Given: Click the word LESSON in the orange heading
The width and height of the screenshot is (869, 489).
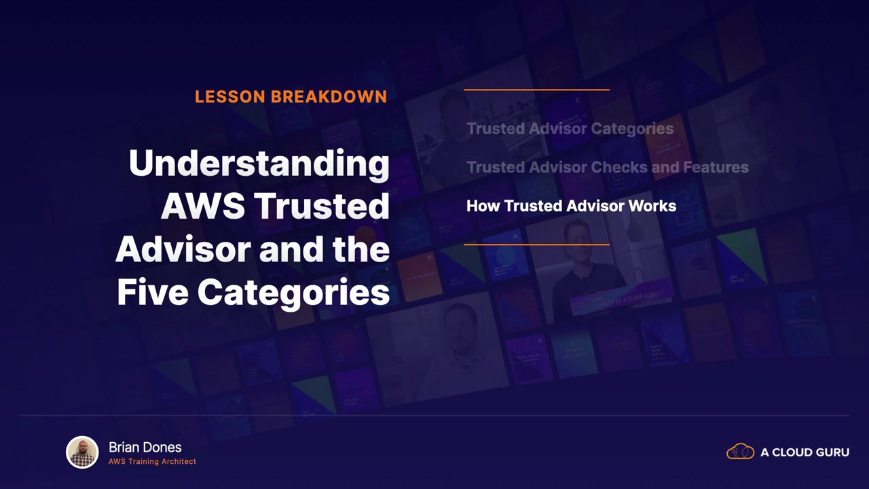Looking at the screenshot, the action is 229,96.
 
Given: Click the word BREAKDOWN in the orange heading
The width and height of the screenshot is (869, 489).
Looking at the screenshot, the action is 329,96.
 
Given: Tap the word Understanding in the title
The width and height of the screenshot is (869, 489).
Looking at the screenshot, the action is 259,164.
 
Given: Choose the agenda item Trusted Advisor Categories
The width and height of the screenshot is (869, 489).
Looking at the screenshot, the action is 570,129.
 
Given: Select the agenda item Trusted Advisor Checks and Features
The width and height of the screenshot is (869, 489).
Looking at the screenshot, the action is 608,167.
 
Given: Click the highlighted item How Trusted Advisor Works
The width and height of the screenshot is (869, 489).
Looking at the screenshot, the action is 572,206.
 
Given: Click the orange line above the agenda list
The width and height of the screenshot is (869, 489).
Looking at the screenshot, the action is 536,90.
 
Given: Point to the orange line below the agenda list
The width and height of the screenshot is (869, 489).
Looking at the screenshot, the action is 536,244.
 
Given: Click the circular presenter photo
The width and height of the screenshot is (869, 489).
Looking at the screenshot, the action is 82,452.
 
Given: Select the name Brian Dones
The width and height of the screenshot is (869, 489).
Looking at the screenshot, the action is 145,448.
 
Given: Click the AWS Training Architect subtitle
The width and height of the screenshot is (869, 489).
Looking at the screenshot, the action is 153,461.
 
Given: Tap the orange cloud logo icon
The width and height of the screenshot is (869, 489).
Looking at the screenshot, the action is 740,452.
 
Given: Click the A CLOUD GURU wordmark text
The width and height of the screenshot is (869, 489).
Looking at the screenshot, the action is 805,452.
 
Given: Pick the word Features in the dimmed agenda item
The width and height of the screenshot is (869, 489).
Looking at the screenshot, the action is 716,167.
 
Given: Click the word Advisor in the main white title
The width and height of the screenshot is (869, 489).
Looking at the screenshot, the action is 183,249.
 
